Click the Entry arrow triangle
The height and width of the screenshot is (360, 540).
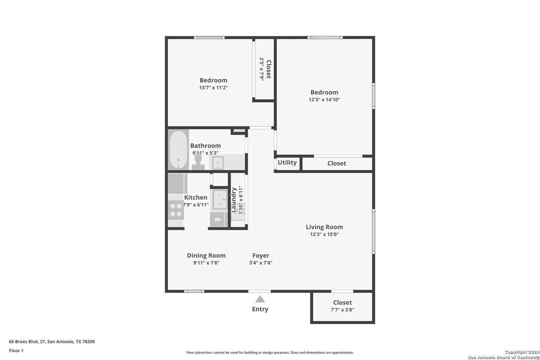coord(260,299)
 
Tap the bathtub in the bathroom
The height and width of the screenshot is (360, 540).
coord(178,149)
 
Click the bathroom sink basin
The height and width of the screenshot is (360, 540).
coord(218,163)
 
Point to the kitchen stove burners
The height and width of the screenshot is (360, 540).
coord(176,210)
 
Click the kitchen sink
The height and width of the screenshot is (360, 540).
coord(219,200)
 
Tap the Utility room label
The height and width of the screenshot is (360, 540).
coord(287,163)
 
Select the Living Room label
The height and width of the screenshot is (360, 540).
coord(324,227)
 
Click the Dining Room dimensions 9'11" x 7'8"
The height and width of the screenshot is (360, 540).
coord(206,263)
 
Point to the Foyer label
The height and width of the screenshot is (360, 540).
coord(261,255)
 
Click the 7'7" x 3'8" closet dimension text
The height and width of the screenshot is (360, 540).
coord(342,310)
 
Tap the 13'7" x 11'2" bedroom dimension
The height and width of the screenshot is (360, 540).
coord(213,88)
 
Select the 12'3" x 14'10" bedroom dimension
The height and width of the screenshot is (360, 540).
coord(324,100)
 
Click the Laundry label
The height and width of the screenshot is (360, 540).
coord(234,200)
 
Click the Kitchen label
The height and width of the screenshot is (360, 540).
coord(196,197)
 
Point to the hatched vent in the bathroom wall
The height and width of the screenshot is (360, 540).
coord(239,131)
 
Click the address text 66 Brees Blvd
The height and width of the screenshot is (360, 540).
coord(23,341)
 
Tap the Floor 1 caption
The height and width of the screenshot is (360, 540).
coord(16,351)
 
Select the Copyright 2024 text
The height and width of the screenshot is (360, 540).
coord(522,352)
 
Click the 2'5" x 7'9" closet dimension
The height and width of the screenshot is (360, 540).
coord(262,69)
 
